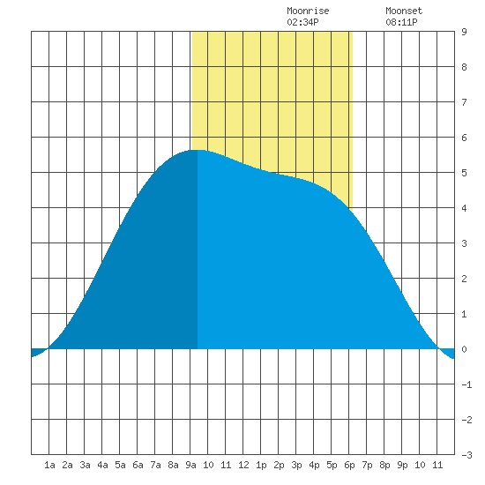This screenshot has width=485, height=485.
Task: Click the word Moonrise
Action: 308,11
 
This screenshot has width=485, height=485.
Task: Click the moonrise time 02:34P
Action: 302,22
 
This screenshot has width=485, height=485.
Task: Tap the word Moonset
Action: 404,11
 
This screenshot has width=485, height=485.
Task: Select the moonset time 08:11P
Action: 401,22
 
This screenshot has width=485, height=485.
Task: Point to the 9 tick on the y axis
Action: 464,32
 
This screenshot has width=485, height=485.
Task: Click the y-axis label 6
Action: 464,138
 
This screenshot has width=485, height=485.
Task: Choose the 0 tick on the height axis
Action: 464,349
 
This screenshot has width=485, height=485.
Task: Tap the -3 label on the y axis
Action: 466,455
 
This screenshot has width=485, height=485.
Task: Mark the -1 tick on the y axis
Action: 466,384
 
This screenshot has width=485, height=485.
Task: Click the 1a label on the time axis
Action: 49,465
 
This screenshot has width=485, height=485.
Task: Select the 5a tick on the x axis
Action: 120,465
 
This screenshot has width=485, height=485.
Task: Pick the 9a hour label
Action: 190,465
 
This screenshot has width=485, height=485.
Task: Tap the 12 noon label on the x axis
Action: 243,465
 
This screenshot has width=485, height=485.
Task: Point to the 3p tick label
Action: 296,465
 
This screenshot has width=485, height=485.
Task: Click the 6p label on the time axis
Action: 349,465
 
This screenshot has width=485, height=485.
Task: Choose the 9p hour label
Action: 402,465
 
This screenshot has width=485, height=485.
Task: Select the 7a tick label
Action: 155,465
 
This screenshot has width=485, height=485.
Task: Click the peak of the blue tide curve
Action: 198,150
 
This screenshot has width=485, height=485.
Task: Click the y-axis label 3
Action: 464,243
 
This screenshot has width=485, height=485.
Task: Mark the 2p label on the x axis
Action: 279,465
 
